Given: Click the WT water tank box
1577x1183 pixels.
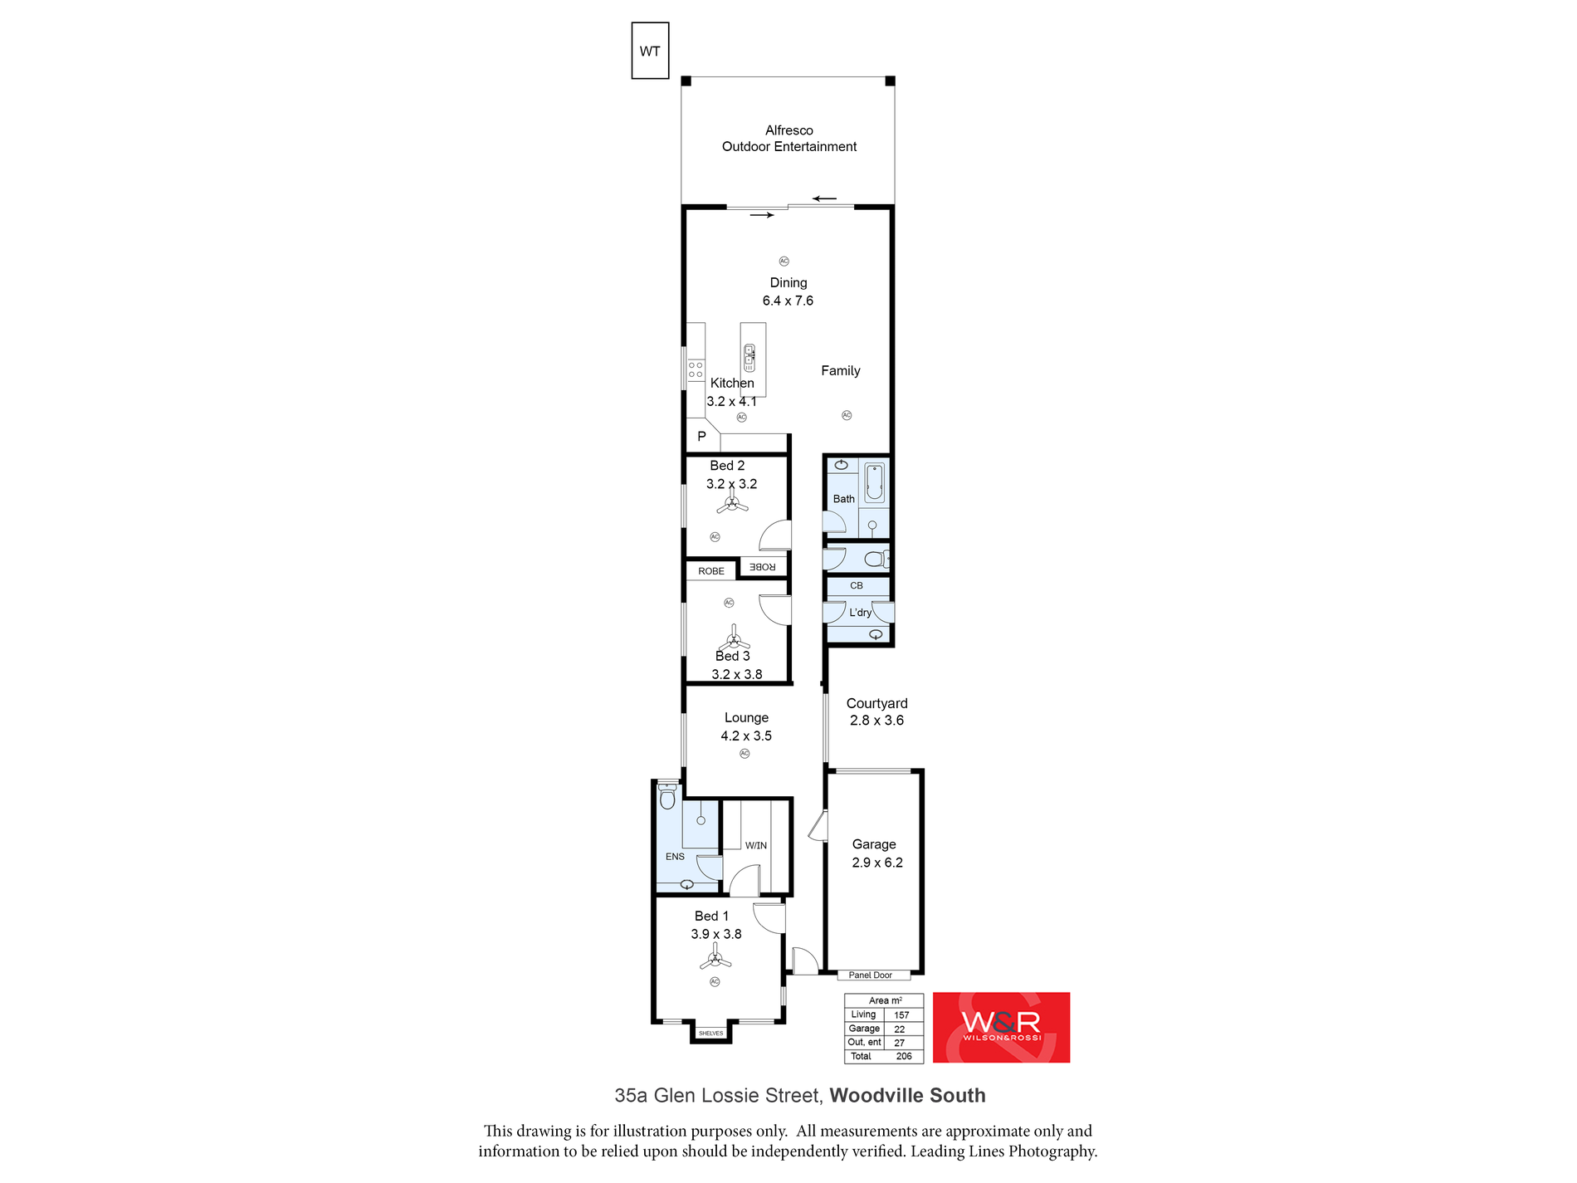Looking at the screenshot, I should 650,51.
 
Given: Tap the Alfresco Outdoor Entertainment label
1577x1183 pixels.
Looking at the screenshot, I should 788,139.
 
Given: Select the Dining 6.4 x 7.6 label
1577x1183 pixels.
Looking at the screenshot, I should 788,291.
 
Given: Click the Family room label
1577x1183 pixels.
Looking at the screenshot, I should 840,371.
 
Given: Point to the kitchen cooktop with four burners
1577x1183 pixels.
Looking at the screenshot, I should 696,369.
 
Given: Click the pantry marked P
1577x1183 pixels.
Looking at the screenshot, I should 701,437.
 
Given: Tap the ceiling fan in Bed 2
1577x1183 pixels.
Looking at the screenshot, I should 732,503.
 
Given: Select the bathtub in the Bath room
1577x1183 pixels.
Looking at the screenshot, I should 874,483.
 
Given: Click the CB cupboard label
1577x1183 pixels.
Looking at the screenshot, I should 857,585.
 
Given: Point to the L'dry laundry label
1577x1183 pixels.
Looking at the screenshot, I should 860,613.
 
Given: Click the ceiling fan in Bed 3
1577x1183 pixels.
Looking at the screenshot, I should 734,641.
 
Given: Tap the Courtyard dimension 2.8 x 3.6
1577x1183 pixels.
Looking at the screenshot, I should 876,721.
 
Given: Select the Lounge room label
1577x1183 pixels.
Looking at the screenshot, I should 746,718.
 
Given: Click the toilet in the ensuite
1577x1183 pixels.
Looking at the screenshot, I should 667,799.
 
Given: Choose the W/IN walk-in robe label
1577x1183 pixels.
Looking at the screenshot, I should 755,846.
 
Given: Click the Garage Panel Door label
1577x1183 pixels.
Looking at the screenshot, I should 870,975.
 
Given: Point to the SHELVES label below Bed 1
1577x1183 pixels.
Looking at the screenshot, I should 710,1034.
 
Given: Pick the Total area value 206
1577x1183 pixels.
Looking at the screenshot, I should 904,1057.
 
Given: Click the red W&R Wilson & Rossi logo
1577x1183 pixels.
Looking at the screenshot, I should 1001,1027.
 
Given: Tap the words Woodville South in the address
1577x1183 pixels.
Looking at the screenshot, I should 907,1096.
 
